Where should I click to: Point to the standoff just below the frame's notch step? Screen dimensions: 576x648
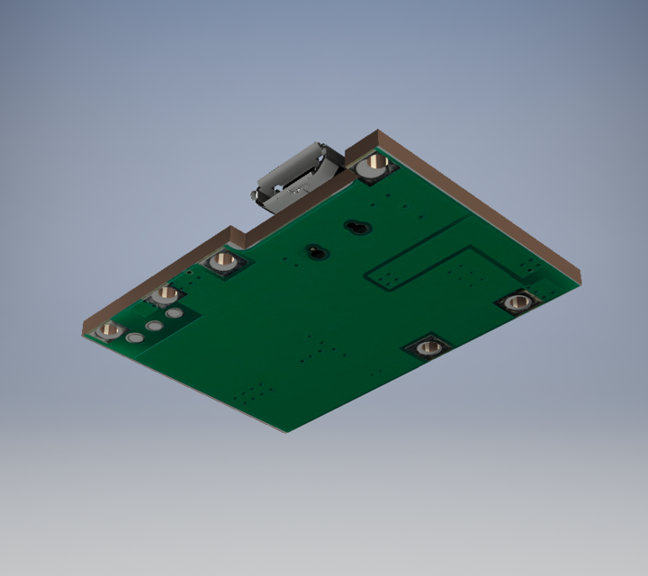point(223,261)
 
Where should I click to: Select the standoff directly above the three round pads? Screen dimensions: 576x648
point(164,294)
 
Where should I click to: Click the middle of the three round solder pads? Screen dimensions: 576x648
point(155,325)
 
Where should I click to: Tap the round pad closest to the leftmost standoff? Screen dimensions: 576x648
point(135,337)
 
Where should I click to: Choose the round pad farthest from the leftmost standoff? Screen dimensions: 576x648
point(175,313)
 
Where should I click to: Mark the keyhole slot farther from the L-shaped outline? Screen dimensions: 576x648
point(315,251)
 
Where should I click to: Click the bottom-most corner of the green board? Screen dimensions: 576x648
point(286,429)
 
